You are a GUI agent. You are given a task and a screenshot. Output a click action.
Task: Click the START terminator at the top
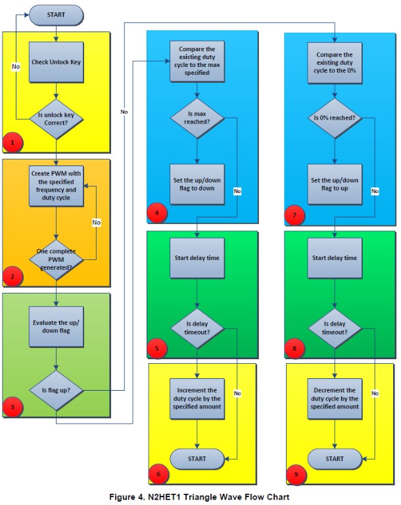57,14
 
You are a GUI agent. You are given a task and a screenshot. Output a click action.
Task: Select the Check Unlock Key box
57,62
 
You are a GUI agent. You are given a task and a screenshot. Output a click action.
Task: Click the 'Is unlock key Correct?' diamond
57,118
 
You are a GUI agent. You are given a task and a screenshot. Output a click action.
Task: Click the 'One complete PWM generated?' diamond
57,260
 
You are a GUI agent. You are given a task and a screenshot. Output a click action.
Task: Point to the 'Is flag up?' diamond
57,389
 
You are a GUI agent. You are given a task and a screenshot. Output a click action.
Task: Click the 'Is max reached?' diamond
197,118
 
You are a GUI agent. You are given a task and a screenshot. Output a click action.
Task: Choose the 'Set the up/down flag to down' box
197,184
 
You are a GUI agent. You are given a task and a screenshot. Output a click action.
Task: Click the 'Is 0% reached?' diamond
335,118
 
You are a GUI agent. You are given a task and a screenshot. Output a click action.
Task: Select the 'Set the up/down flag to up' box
335,184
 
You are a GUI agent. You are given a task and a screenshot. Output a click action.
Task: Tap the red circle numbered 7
295,215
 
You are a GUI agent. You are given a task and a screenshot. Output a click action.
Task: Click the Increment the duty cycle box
197,398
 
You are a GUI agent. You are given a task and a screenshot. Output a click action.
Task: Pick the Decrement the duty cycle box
335,398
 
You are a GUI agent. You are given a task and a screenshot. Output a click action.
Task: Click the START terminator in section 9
335,458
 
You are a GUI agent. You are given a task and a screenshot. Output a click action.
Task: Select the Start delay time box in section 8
335,257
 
